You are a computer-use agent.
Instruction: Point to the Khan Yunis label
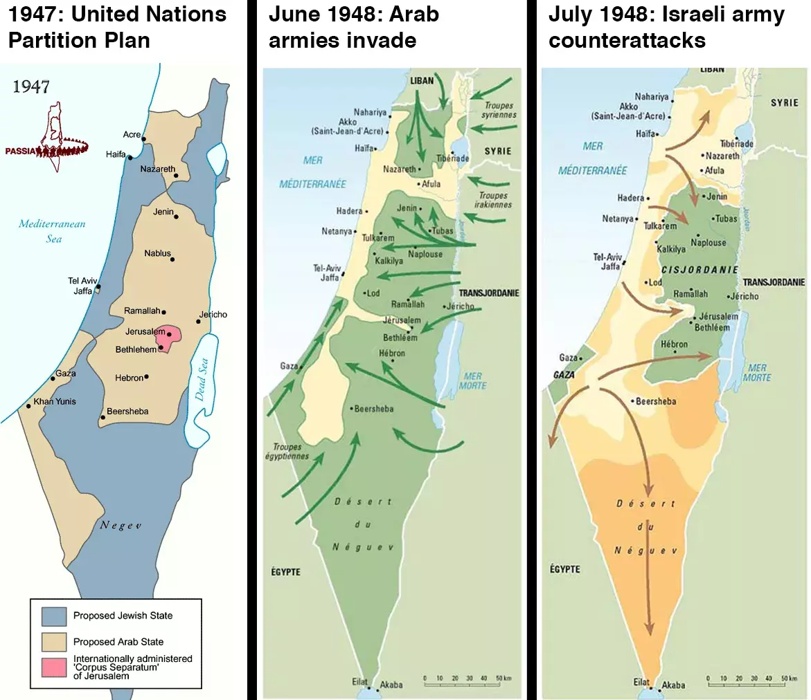[55, 401]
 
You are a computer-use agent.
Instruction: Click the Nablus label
[157, 253]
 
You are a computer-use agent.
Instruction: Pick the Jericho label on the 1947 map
[213, 314]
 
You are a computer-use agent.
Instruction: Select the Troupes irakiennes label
[492, 200]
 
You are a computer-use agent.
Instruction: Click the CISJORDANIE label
[690, 270]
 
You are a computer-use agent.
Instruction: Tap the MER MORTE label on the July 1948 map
[757, 373]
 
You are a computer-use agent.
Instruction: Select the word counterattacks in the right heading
[627, 40]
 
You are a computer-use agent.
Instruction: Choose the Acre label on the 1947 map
[132, 134]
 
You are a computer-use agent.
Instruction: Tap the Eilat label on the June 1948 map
[359, 681]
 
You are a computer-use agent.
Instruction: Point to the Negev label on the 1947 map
[120, 525]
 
